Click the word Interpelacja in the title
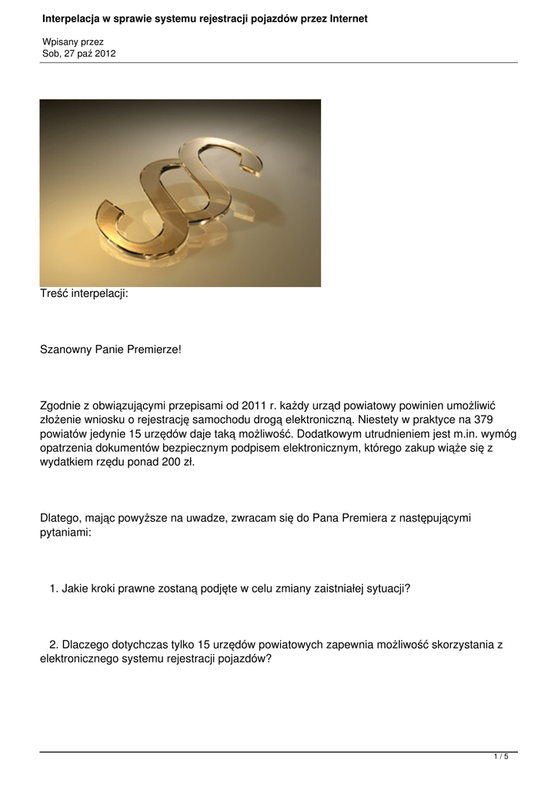click(69, 18)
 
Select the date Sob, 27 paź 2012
click(79, 53)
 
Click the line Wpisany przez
click(72, 42)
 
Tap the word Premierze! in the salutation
click(155, 349)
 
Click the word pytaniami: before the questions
click(65, 533)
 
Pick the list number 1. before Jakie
click(54, 589)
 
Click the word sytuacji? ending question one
click(386, 589)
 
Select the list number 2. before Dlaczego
click(54, 644)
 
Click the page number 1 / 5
click(500, 757)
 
